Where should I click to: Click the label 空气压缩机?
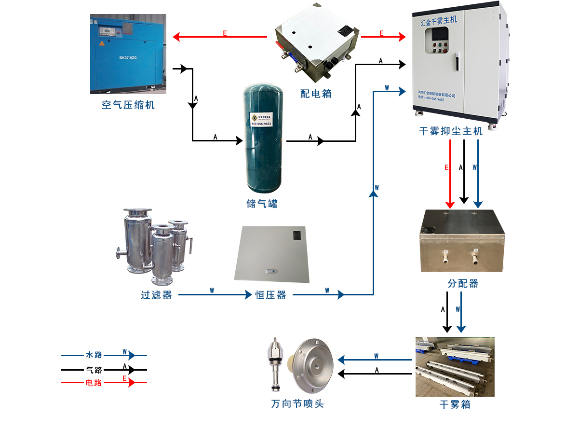128,105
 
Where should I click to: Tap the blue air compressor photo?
128,53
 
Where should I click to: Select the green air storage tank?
263,138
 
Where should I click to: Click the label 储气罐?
262,204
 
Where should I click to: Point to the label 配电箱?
316,94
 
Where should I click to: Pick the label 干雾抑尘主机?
451,131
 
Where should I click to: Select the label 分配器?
463,284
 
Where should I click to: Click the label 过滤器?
156,295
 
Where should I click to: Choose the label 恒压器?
270,295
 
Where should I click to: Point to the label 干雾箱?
455,404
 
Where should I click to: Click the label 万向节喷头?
297,403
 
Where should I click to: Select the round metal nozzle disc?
314,366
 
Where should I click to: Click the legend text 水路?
94,355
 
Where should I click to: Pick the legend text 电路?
94,383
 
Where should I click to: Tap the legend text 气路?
94,370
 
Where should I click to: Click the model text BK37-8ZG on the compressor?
128,58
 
